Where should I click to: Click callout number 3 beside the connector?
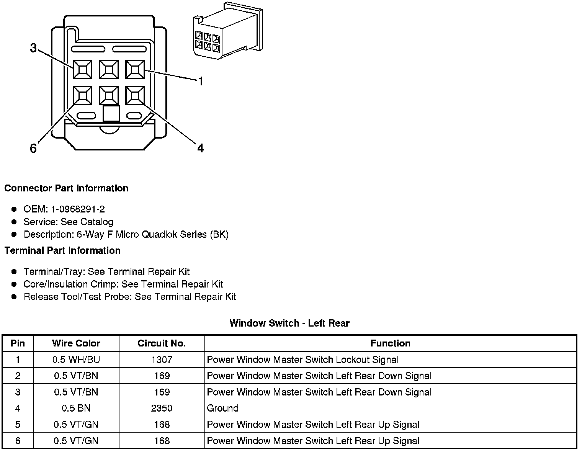point(33,48)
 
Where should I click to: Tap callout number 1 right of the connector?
point(200,81)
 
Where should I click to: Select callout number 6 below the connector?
point(33,148)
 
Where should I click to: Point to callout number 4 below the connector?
point(200,148)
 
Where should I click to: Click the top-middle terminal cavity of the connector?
point(109,70)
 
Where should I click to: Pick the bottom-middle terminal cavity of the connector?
point(109,95)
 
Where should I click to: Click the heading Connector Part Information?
point(66,188)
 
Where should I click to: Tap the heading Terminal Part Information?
point(62,250)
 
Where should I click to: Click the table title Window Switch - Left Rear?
point(289,323)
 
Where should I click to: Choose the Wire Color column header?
point(76,343)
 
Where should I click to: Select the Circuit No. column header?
point(162,343)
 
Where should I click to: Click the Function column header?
point(390,343)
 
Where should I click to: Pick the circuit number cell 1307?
point(162,360)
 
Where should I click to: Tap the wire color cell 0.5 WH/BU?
point(76,360)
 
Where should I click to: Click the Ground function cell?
point(222,408)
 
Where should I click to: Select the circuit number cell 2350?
point(162,408)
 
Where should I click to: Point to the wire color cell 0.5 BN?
point(76,408)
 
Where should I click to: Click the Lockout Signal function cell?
point(302,360)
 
